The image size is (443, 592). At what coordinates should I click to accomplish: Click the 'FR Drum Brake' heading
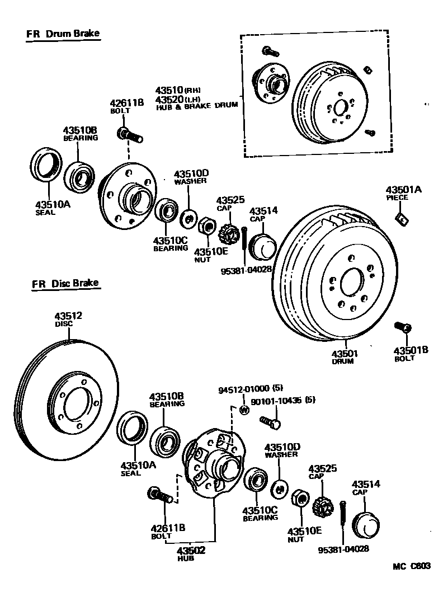(63, 34)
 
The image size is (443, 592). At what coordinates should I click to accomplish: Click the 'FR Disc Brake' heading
(65, 283)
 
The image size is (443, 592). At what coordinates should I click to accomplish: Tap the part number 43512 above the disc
(68, 316)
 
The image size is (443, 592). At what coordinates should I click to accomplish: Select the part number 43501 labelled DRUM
(345, 354)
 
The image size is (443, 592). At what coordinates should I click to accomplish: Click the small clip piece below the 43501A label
(402, 217)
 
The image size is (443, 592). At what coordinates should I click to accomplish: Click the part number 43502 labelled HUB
(192, 551)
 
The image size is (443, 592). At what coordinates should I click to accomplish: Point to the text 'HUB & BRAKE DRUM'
(197, 105)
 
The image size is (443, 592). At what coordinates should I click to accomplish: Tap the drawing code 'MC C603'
(411, 566)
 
